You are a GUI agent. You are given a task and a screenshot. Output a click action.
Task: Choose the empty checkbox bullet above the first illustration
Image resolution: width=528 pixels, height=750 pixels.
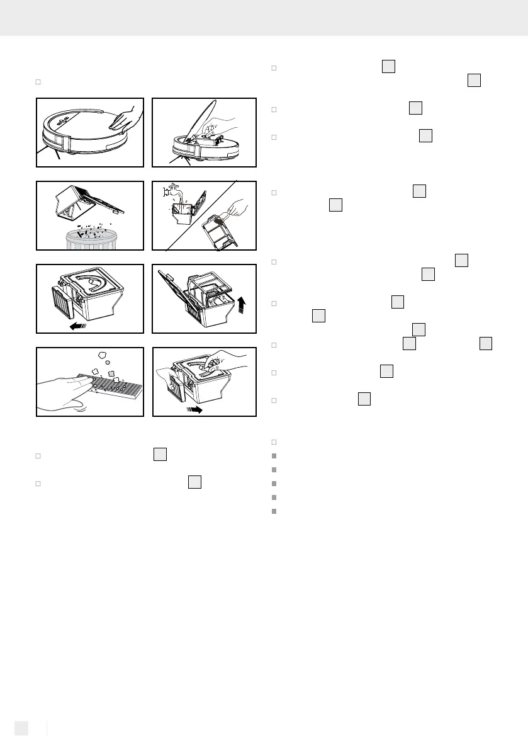38,82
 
